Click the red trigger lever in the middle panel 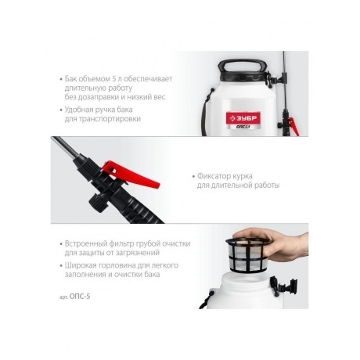pyautogui.click(x=131, y=174)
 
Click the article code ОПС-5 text pyautogui.click(x=80, y=297)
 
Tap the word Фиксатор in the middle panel pyautogui.click(x=213, y=176)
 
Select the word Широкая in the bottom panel pyautogui.click(x=80, y=265)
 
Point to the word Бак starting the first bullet pyautogui.click(x=70, y=78)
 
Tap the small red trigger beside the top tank pyautogui.click(x=293, y=127)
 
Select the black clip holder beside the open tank pyautogui.click(x=284, y=286)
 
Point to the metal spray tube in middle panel pyautogui.click(x=65, y=146)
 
